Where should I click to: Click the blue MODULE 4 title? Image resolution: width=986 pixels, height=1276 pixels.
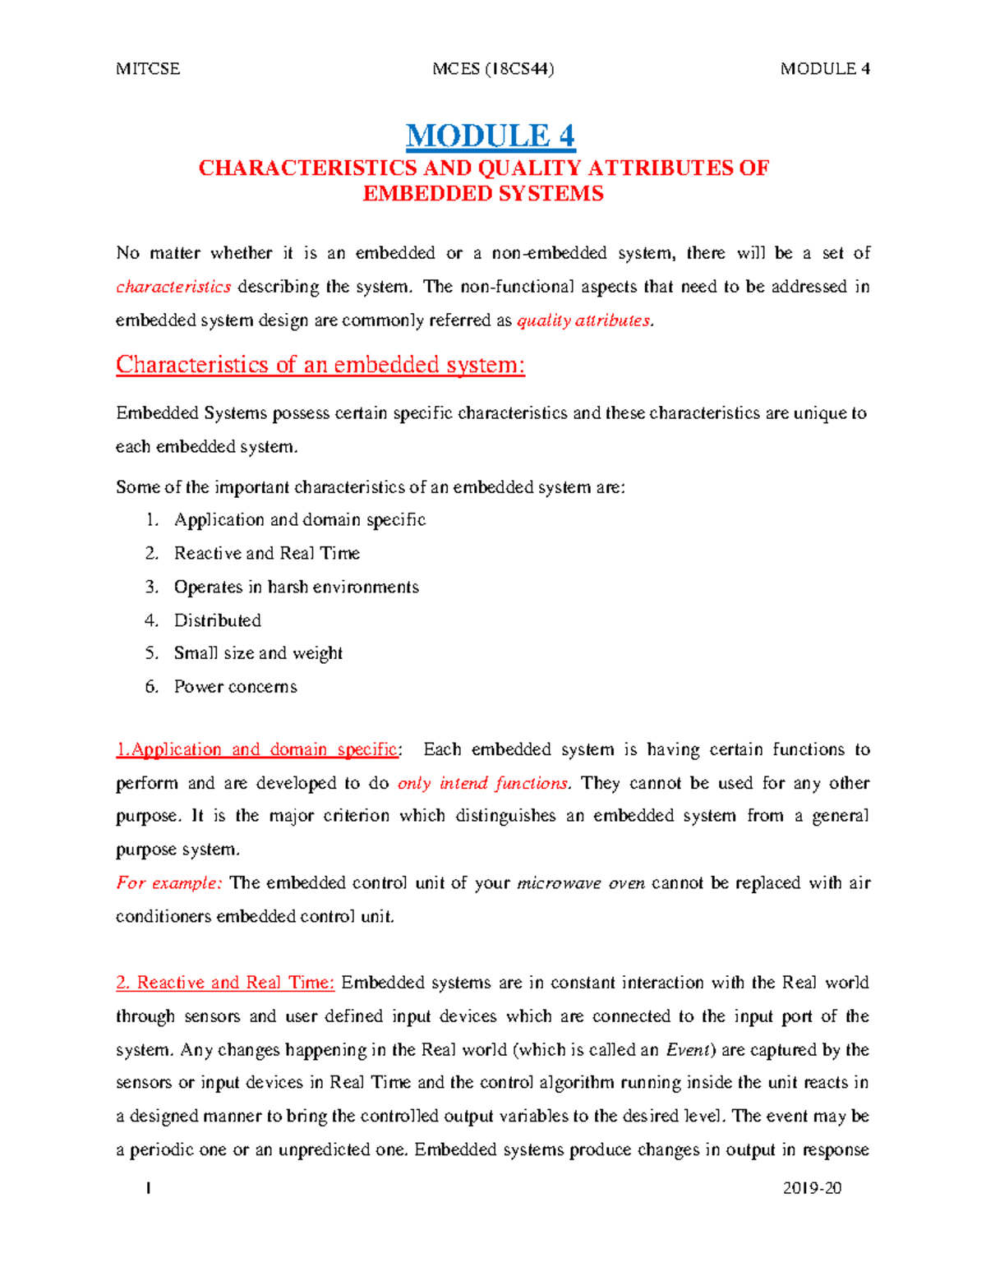[x=491, y=136]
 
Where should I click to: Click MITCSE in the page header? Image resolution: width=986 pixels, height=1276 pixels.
[x=148, y=69]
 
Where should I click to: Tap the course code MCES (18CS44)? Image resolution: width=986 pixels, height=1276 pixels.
[x=493, y=69]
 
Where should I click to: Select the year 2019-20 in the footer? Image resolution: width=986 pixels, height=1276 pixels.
[x=812, y=1188]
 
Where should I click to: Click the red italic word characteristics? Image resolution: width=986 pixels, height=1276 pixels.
[x=173, y=287]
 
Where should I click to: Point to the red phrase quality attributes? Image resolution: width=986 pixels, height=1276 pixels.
[x=583, y=320]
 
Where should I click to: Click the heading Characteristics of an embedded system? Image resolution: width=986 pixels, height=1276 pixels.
[x=320, y=365]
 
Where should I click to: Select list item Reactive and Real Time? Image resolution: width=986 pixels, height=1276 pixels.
[x=266, y=553]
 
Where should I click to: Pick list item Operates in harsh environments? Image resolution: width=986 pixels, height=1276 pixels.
[x=296, y=587]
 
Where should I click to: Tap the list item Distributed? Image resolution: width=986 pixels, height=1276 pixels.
[x=217, y=620]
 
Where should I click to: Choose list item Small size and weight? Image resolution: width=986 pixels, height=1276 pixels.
[x=258, y=653]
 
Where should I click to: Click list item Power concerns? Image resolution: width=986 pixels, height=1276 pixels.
[x=235, y=687]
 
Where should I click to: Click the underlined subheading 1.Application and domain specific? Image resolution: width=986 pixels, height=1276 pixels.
[x=257, y=749]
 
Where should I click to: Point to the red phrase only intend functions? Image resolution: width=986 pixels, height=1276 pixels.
[x=482, y=783]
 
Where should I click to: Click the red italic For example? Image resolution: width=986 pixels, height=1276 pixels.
[x=168, y=883]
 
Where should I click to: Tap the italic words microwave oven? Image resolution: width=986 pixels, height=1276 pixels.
[x=580, y=883]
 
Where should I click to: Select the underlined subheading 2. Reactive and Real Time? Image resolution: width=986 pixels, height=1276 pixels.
[x=225, y=983]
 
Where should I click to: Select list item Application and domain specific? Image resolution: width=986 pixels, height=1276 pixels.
[x=299, y=520]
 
